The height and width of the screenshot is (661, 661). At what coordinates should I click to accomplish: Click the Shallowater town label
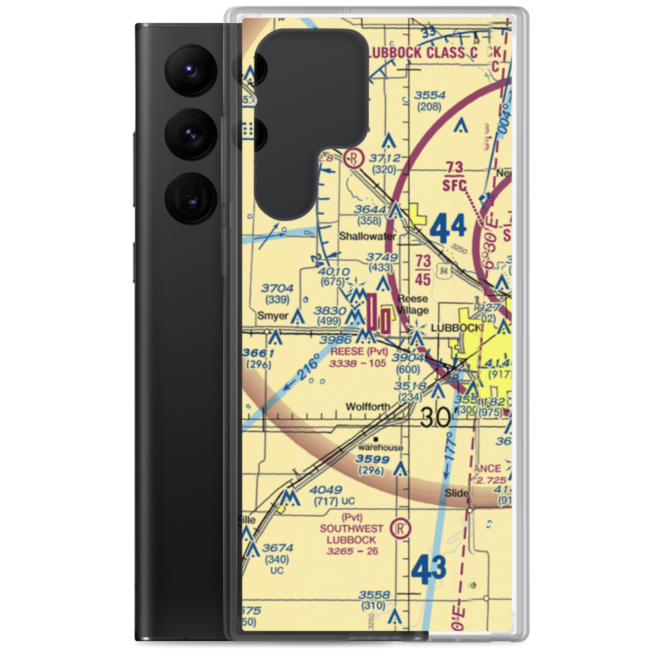click(368, 236)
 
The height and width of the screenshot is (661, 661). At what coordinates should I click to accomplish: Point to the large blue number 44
click(448, 229)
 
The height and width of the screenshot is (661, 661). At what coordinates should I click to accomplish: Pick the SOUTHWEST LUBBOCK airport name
click(351, 533)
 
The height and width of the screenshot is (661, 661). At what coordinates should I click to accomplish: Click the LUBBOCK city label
click(455, 328)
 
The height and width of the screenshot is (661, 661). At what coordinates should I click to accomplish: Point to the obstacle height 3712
click(386, 158)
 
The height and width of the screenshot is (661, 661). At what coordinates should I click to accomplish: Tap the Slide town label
click(457, 493)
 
